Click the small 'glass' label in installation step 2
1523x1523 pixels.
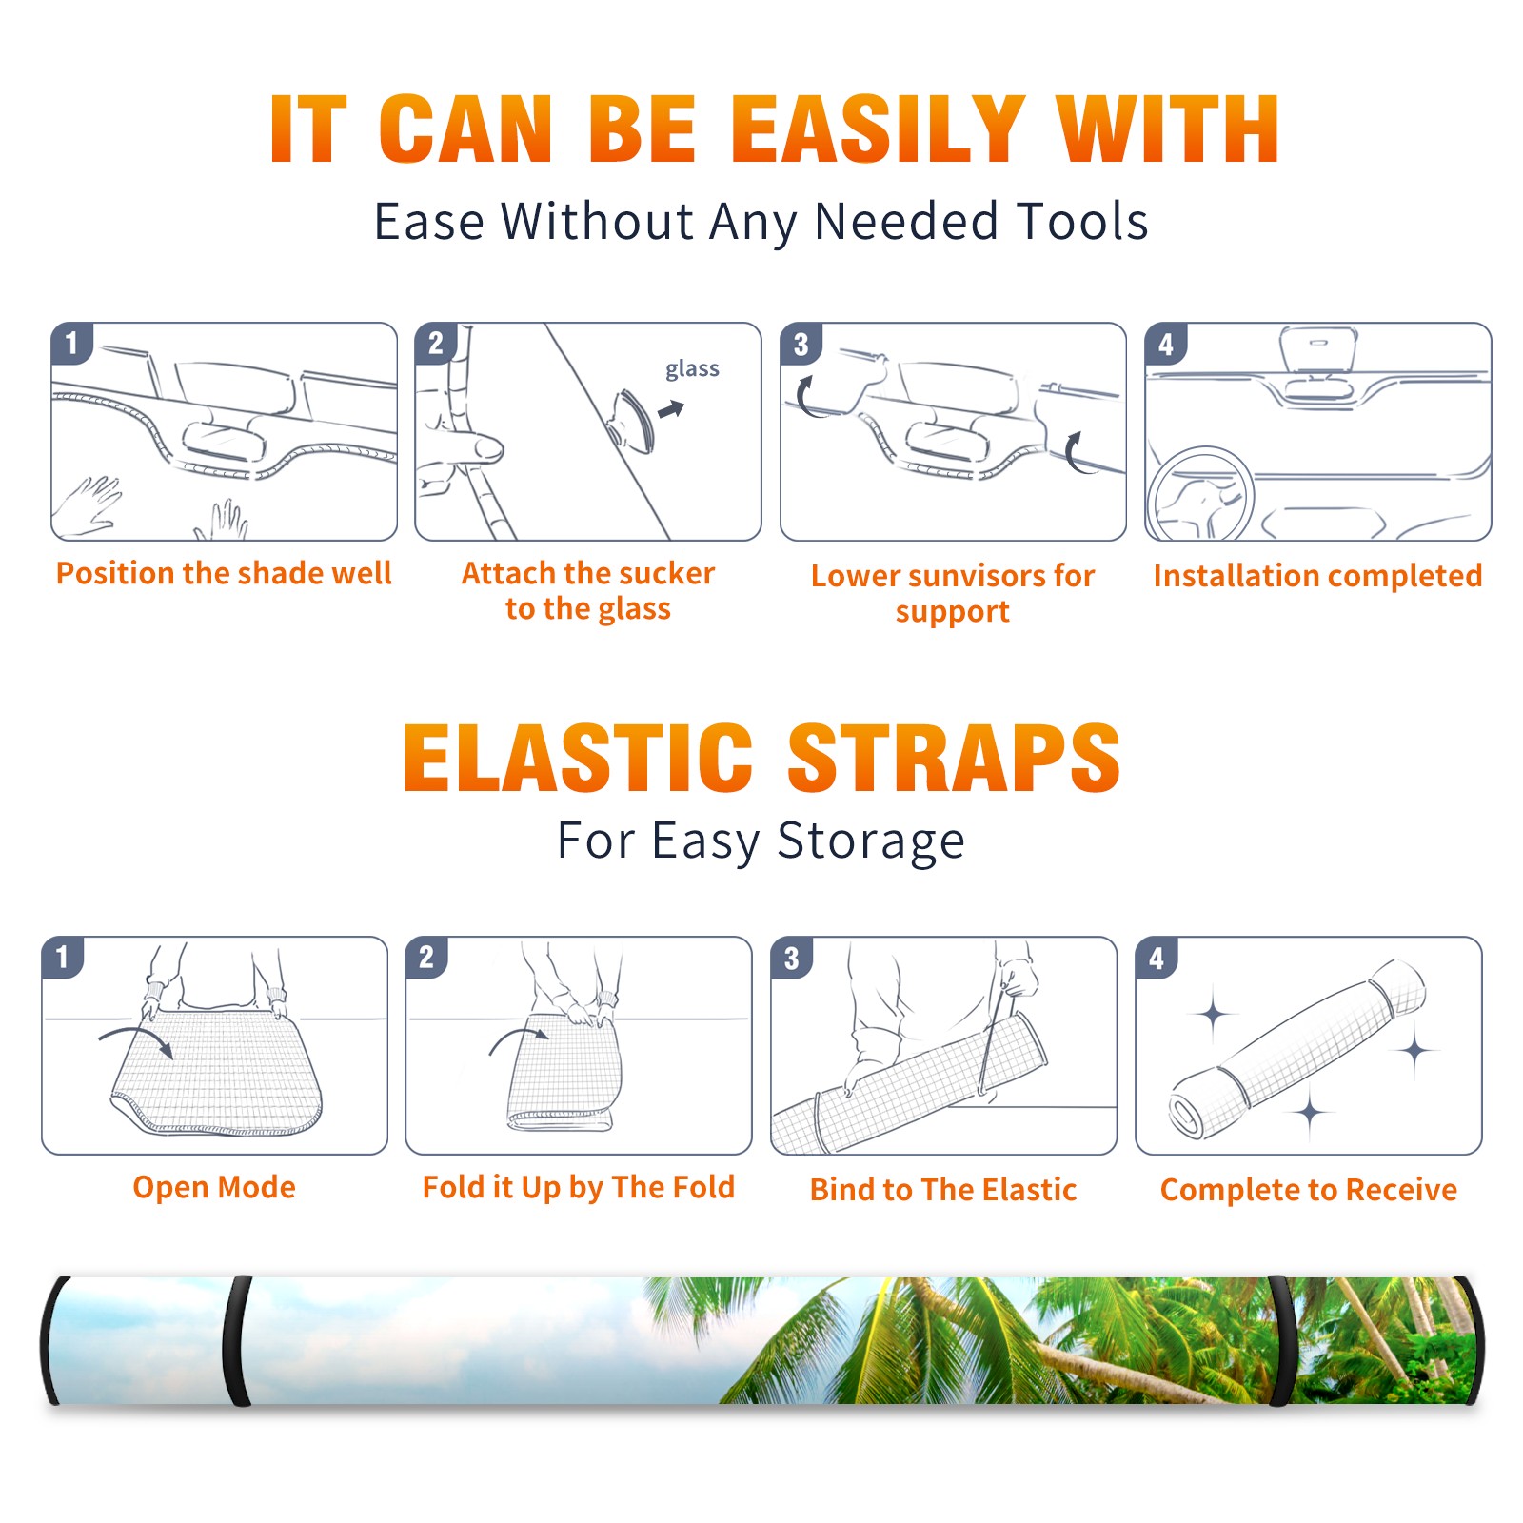coord(692,369)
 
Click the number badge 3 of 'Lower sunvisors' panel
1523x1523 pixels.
coord(801,345)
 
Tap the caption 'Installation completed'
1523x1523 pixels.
coord(1317,575)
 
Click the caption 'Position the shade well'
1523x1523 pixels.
coord(224,573)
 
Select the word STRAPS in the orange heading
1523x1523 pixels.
coord(954,758)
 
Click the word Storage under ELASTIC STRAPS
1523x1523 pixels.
coord(871,842)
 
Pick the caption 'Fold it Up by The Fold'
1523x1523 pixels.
coord(579,1187)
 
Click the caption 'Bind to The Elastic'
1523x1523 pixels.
coord(943,1190)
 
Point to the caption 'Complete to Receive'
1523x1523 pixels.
coord(1309,1190)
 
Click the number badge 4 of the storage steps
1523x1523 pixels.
coord(1157,958)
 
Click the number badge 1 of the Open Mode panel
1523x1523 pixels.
coord(63,958)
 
